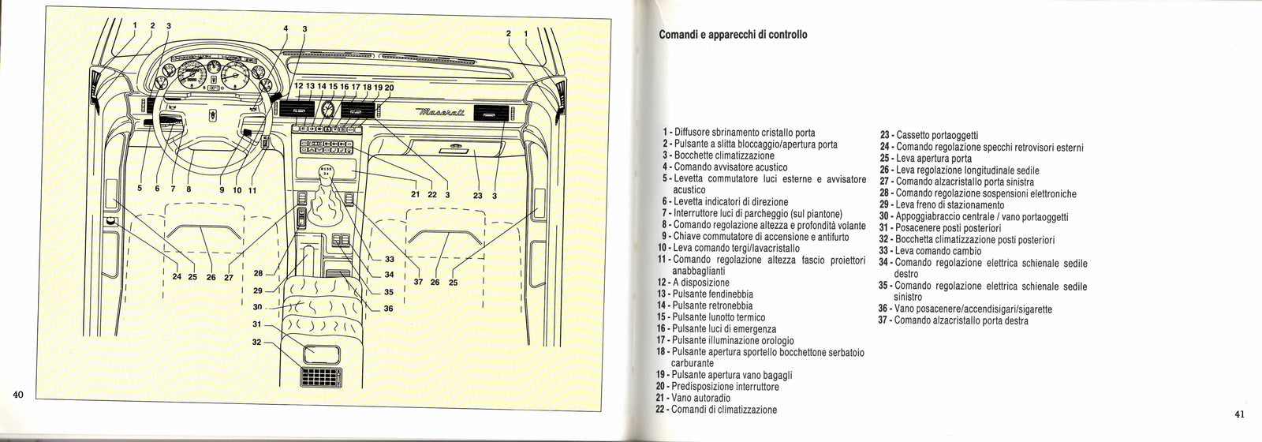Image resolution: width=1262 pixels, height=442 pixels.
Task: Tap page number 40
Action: pyautogui.click(x=20, y=395)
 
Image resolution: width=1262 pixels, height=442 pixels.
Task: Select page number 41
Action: pyautogui.click(x=1239, y=414)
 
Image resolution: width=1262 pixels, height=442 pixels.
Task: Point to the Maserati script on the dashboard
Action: pyautogui.click(x=439, y=116)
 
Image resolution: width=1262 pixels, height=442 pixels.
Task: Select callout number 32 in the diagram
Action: pyautogui.click(x=256, y=342)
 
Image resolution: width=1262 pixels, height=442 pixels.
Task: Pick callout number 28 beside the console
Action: pyautogui.click(x=257, y=274)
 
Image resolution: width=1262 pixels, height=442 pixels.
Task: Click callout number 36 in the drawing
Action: pyautogui.click(x=388, y=309)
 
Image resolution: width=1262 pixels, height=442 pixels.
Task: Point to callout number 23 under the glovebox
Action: pyautogui.click(x=477, y=195)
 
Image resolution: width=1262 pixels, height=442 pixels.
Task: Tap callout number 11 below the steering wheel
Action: pyautogui.click(x=252, y=189)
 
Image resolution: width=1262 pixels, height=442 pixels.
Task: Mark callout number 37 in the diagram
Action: pyautogui.click(x=417, y=281)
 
